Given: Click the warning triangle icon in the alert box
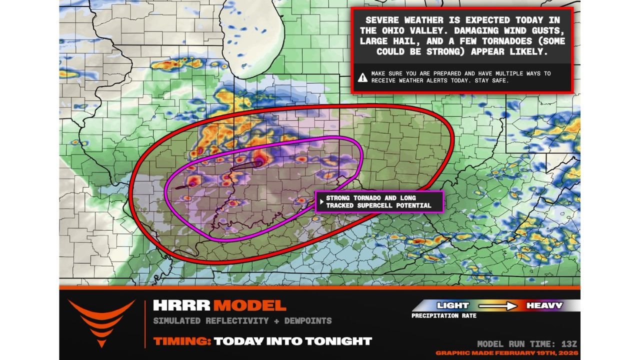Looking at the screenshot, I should click(x=362, y=77).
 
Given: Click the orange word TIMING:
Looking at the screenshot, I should click(x=181, y=341).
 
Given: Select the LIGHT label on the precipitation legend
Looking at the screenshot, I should click(x=452, y=305).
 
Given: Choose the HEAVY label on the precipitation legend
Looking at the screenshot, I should click(x=544, y=305).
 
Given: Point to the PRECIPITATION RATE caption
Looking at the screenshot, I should click(x=444, y=316).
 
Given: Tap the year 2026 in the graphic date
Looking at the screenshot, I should click(x=568, y=353).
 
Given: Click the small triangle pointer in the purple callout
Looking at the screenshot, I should click(x=321, y=202).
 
